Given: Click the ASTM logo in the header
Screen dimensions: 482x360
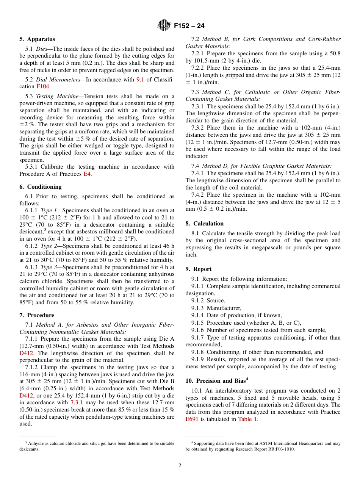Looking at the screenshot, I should pyautogui.click(x=164, y=25).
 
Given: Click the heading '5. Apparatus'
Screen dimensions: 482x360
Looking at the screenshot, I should pyautogui.click(x=37, y=39).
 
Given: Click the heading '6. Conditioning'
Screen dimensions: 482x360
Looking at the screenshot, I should pyautogui.click(x=40, y=187).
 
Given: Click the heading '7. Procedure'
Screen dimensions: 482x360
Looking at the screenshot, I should pyautogui.click(x=37, y=315).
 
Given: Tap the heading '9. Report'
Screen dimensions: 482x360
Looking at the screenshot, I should pyautogui.click(x=199, y=269).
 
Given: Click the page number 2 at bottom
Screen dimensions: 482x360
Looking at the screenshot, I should pyautogui.click(x=180, y=466).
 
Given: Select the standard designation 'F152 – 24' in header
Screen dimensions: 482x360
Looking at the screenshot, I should pyautogui.click(x=189, y=26).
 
